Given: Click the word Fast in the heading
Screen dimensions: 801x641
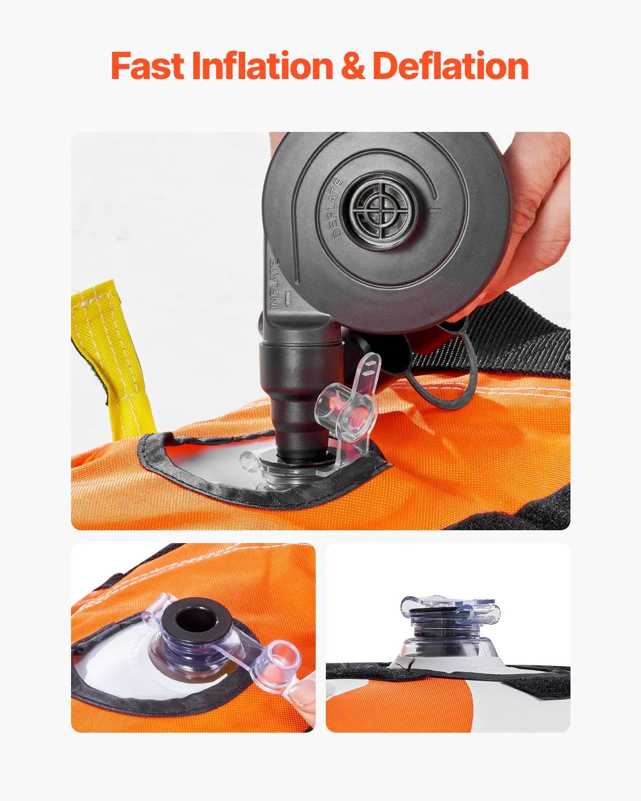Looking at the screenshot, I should coord(147,66).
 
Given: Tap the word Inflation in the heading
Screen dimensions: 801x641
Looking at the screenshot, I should coord(262,66).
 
